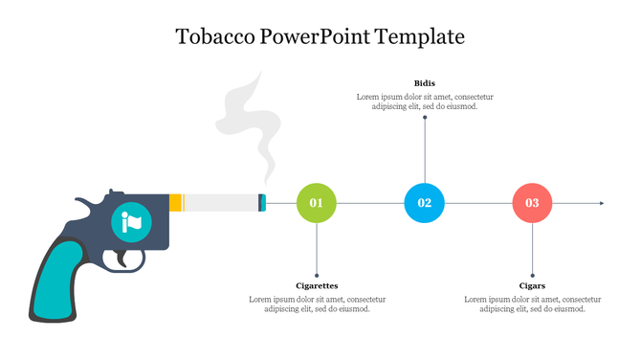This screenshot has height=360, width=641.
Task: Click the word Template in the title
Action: pos(421,37)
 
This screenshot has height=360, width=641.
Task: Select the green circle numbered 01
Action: pos(317,203)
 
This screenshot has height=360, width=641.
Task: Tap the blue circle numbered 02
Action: pos(425,203)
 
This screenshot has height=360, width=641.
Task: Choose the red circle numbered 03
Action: pos(532,203)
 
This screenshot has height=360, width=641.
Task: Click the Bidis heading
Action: pos(425,83)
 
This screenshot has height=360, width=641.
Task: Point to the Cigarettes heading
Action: pos(317,285)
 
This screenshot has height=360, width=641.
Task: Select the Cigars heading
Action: pos(532,285)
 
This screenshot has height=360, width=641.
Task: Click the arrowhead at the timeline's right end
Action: pos(600,203)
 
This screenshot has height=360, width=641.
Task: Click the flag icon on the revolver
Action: pos(131,222)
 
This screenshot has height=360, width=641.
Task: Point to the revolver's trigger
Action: pos(123,257)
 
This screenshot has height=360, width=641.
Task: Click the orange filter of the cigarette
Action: pos(175,202)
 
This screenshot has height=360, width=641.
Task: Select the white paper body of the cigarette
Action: pos(219,202)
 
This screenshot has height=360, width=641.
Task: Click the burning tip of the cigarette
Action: pos(262,202)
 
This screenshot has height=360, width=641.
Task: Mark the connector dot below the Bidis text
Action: pos(425,118)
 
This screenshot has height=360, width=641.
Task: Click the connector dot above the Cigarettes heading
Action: pos(317,275)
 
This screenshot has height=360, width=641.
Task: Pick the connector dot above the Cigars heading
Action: pos(532,275)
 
